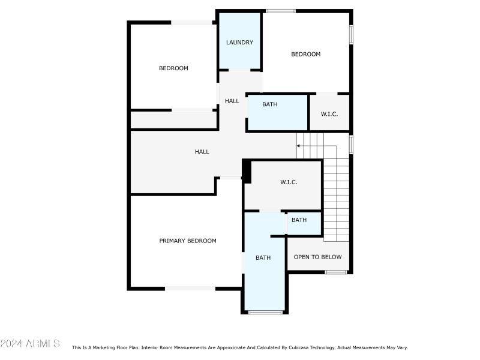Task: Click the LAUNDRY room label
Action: click(x=239, y=43)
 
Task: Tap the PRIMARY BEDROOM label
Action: click(x=188, y=241)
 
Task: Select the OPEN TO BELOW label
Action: click(x=317, y=257)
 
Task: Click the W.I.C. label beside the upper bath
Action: click(x=329, y=114)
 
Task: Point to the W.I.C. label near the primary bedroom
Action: click(x=289, y=182)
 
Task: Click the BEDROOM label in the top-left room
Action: click(x=173, y=68)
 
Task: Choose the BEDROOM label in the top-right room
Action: click(x=305, y=55)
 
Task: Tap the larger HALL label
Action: click(x=202, y=152)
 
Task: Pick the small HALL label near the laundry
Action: click(x=232, y=101)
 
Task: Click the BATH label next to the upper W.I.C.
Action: click(x=270, y=104)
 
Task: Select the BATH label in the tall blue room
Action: click(x=263, y=258)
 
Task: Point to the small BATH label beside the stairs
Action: click(x=299, y=220)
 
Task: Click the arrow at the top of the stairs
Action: click(x=299, y=146)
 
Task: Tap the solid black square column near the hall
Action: click(x=245, y=171)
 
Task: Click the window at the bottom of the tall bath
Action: click(x=265, y=311)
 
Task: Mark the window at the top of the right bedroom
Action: click(x=281, y=10)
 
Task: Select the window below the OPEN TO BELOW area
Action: click(x=336, y=272)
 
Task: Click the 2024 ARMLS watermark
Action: click(x=30, y=344)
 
